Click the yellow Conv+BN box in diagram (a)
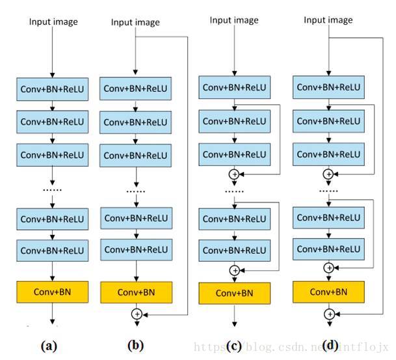click(x=53, y=291)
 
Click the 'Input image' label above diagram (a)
click(x=53, y=22)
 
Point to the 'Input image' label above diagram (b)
click(x=135, y=23)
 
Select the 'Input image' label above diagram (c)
click(x=234, y=20)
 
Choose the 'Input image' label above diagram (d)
click(x=328, y=20)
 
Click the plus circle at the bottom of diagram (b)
click(x=137, y=314)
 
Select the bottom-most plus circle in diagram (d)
click(x=329, y=314)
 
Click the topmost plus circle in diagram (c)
click(x=234, y=174)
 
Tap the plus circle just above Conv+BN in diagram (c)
click(x=234, y=270)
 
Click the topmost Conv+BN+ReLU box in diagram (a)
click(x=53, y=89)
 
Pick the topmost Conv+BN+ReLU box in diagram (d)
click(x=328, y=87)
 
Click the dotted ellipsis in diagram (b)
click(x=136, y=191)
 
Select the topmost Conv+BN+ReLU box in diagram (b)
click(x=136, y=89)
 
